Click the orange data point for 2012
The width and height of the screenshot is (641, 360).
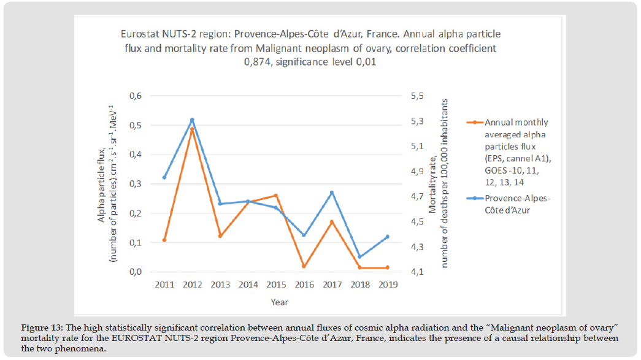192,129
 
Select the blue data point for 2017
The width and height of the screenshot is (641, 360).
332,193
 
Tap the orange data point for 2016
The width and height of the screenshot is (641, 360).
304,266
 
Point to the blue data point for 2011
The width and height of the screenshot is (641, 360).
164,178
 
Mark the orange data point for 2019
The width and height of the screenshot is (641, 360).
388,267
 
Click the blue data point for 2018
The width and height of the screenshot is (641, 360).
359,257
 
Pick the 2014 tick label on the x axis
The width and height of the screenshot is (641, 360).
248,285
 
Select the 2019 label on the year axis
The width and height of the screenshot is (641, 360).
388,285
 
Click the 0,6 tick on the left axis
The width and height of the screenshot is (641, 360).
135,96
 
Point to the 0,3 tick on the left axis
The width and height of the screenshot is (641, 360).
135,184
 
